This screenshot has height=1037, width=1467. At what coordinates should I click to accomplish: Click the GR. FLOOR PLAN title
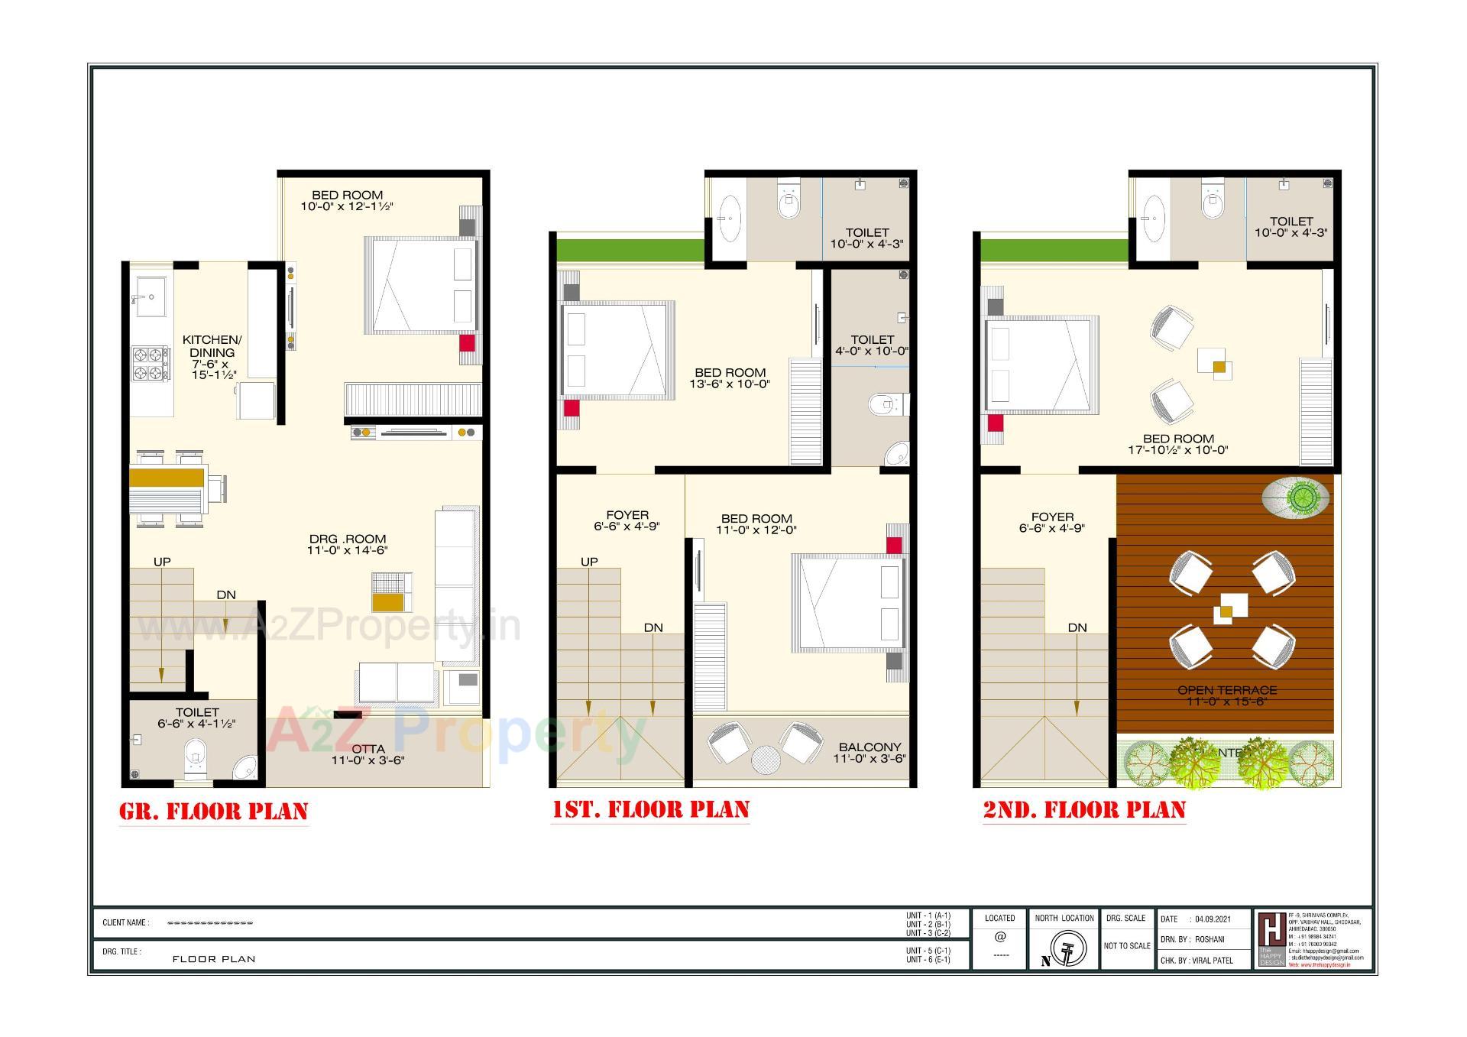coord(214,811)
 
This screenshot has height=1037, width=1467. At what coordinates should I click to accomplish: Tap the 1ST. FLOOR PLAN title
coord(650,809)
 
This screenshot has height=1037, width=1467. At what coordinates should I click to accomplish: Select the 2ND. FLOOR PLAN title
coord(1084,809)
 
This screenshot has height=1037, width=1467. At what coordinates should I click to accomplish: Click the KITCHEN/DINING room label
coord(212,346)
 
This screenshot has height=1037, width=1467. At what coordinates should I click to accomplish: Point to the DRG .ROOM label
coord(348,539)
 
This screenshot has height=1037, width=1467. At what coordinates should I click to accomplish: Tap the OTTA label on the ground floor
coord(368,749)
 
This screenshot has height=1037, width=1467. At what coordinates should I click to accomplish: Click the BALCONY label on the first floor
coord(870,747)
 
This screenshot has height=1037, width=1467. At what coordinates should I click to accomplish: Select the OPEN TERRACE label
coord(1227,690)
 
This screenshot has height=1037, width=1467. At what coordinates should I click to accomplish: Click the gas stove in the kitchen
coord(151,364)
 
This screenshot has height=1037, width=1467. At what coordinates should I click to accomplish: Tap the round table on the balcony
coord(765,760)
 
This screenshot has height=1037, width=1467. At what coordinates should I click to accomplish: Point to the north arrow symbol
coord(1064,950)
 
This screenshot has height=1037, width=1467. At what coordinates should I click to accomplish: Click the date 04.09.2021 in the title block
coord(1213,919)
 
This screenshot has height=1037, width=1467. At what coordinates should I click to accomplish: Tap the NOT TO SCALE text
coord(1127,946)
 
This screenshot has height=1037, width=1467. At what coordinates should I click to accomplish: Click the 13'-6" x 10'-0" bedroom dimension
coord(730,384)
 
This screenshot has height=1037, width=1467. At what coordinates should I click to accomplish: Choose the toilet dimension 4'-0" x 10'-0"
coord(872,352)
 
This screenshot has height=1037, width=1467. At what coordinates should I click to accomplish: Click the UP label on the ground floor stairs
coord(162,562)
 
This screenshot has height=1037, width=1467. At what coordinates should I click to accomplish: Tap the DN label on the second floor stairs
coord(1077,627)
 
